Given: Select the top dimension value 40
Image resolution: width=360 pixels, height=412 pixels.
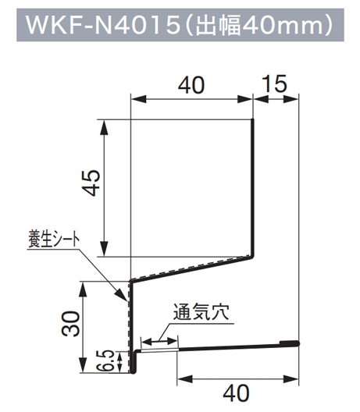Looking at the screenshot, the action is pos(191,85).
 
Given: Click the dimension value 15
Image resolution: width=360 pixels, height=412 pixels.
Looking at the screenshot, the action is pos(275,83).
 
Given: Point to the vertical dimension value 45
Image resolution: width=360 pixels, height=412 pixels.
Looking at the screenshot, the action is pos(91,183).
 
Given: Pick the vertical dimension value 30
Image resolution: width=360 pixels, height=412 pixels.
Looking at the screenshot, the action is pos(70,324).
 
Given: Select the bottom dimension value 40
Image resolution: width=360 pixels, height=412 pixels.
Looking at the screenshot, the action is pos(236,393).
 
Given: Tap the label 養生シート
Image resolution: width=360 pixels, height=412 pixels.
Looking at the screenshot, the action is pos(54,240).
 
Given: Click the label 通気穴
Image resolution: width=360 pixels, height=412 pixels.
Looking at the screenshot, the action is pos(201,312).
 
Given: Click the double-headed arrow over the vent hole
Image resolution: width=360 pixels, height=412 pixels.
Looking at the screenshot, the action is pos(159,342).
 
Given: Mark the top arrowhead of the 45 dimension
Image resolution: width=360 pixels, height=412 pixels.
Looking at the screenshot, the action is pos(105,126).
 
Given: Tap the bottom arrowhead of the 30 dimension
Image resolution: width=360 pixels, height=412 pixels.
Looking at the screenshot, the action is pos(83,365).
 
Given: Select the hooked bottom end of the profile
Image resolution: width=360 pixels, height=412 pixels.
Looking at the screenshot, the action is pos(134,371).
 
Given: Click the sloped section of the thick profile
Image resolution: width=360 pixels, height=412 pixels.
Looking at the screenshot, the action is pos(191,269).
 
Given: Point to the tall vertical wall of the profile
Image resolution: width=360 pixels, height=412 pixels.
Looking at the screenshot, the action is pos(252,187).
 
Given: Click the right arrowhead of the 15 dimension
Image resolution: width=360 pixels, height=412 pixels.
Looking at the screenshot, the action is pos(291,100).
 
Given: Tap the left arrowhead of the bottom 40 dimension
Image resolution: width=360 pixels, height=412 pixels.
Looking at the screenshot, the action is pos(185,379).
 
